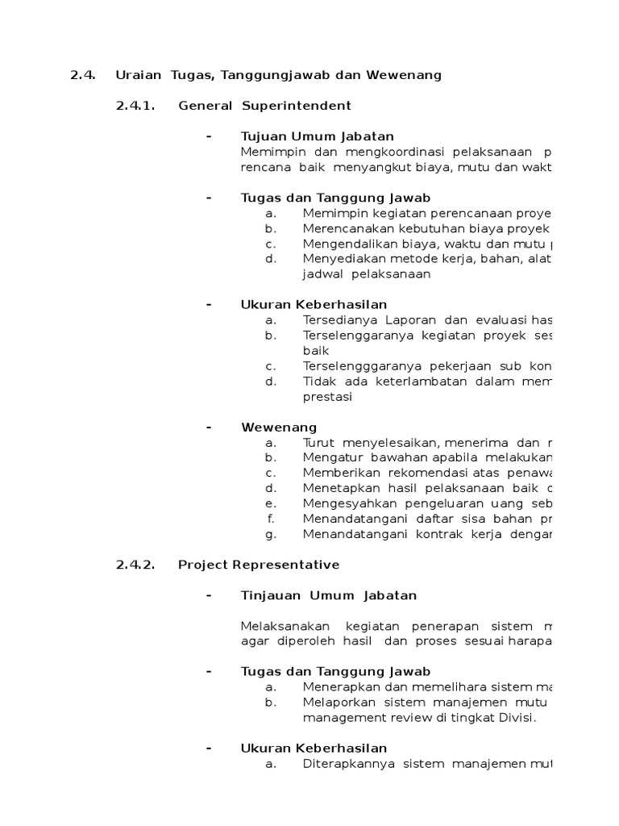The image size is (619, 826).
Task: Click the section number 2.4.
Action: click(x=82, y=75)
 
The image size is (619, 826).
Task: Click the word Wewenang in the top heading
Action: click(x=405, y=75)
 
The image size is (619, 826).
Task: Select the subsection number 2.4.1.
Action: click(x=135, y=106)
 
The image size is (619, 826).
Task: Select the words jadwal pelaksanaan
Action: click(x=367, y=273)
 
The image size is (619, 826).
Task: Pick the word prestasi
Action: click(x=327, y=396)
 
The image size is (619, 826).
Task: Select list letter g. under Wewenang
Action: click(x=271, y=534)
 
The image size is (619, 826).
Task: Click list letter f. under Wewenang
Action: click(x=272, y=519)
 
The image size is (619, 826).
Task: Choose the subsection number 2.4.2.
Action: click(x=135, y=565)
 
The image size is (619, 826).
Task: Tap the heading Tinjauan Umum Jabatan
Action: click(x=329, y=595)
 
